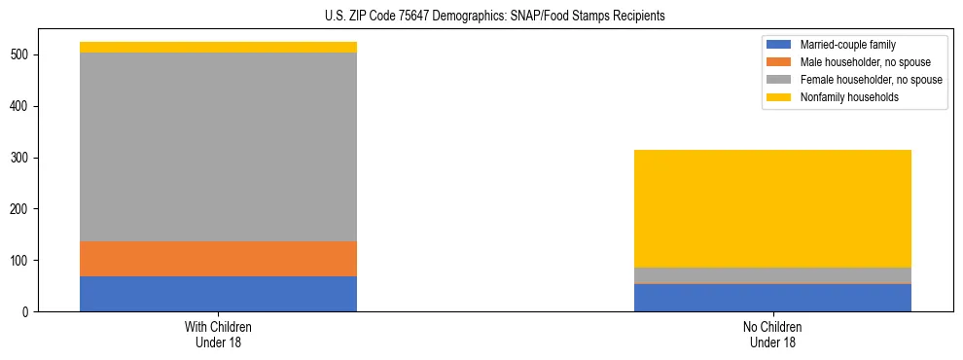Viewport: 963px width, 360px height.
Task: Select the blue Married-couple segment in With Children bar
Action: click(x=218, y=294)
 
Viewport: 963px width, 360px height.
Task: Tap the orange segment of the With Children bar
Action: click(x=218, y=259)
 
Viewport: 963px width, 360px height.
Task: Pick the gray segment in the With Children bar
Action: click(x=218, y=147)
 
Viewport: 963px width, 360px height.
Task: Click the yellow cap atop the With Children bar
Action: click(x=218, y=47)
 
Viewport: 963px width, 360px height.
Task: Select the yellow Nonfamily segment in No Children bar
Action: click(x=772, y=208)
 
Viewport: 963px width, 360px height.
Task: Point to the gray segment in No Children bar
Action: click(x=772, y=275)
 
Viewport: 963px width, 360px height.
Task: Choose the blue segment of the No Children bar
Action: click(x=772, y=298)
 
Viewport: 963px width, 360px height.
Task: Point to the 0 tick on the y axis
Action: click(x=27, y=312)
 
